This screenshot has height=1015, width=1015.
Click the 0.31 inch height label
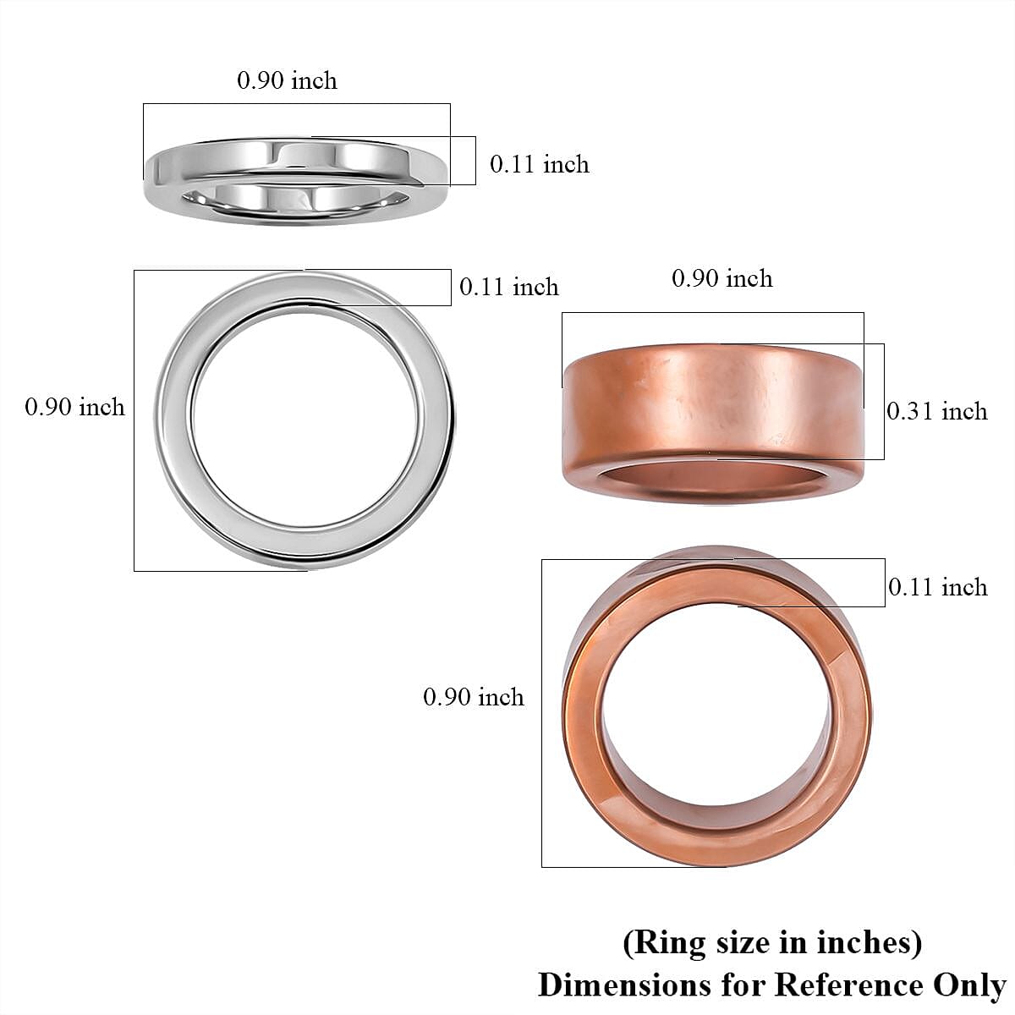tap(937, 411)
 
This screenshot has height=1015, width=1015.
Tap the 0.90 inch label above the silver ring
tap(287, 80)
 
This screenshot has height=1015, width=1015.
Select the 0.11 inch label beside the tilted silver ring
tap(540, 163)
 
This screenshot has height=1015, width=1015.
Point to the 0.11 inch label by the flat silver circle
tap(509, 287)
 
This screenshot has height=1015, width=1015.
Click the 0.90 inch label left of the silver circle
tap(74, 407)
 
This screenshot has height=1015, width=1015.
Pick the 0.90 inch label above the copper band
tap(722, 278)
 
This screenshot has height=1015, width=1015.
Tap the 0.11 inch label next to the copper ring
tap(938, 587)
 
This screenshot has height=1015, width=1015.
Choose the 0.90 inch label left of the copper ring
tap(474, 697)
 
